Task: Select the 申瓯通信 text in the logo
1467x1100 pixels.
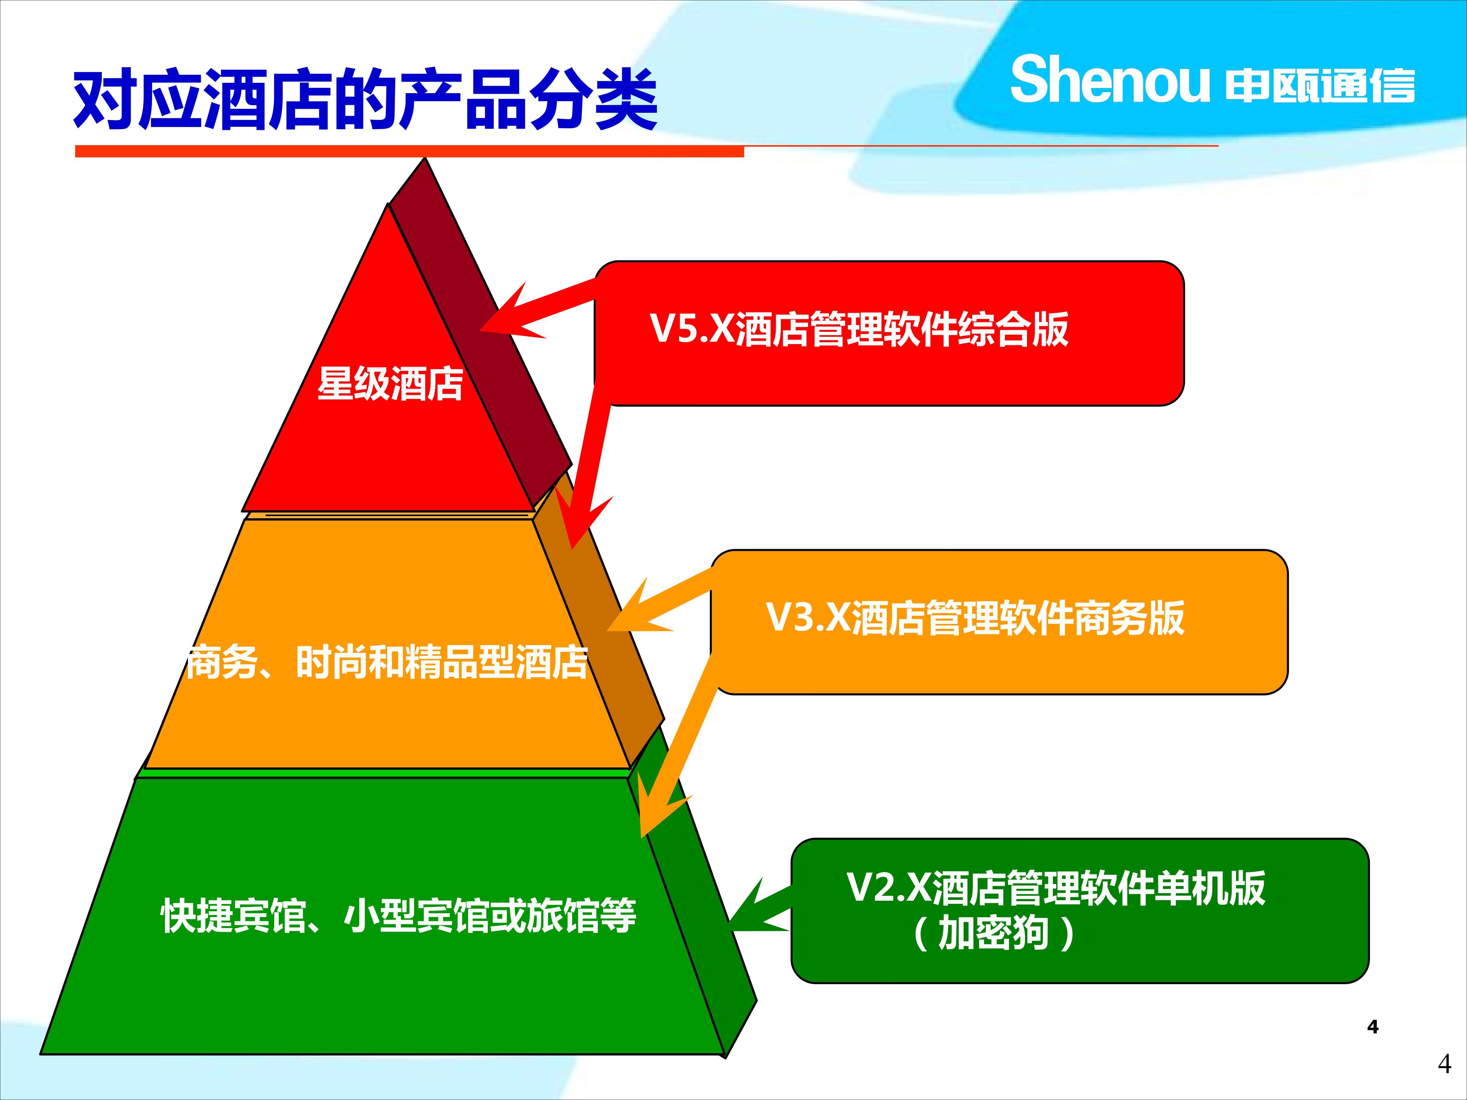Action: tap(1320, 86)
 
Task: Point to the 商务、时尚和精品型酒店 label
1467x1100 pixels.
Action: tap(387, 662)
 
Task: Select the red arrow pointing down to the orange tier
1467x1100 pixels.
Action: tap(589, 464)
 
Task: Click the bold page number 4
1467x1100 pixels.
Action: tap(1373, 1027)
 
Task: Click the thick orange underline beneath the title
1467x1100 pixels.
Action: tap(409, 152)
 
